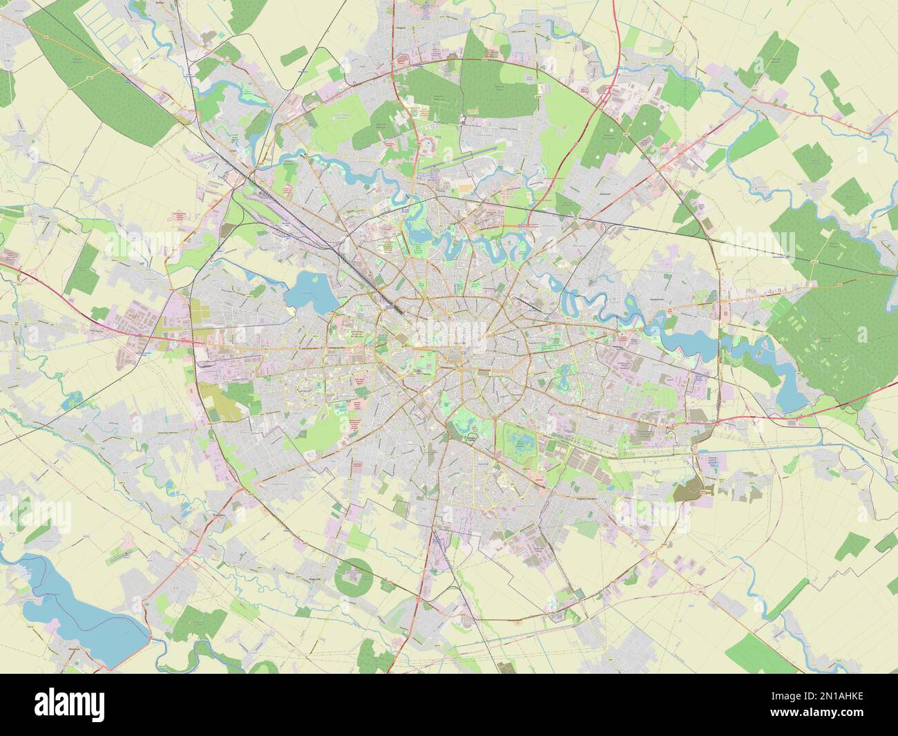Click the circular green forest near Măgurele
click(353, 575)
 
